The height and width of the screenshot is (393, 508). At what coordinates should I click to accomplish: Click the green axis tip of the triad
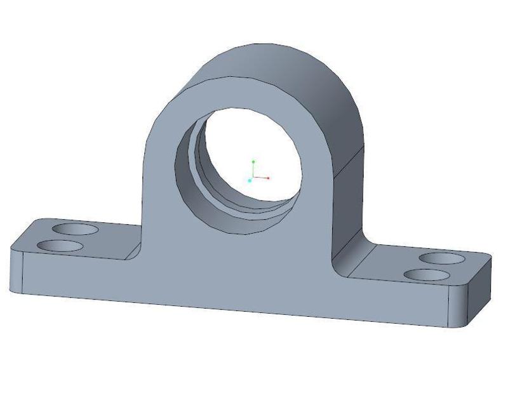(253, 162)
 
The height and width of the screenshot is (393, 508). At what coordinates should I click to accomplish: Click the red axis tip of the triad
(269, 178)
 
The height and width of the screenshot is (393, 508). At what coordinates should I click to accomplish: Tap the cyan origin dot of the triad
(250, 181)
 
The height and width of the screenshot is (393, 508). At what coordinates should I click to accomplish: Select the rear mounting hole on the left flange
(76, 229)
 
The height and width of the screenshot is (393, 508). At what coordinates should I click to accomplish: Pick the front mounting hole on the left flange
(61, 246)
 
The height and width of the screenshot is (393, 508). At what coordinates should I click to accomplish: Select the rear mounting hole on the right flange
(443, 258)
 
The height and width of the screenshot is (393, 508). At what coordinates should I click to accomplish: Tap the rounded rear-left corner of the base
(32, 222)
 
